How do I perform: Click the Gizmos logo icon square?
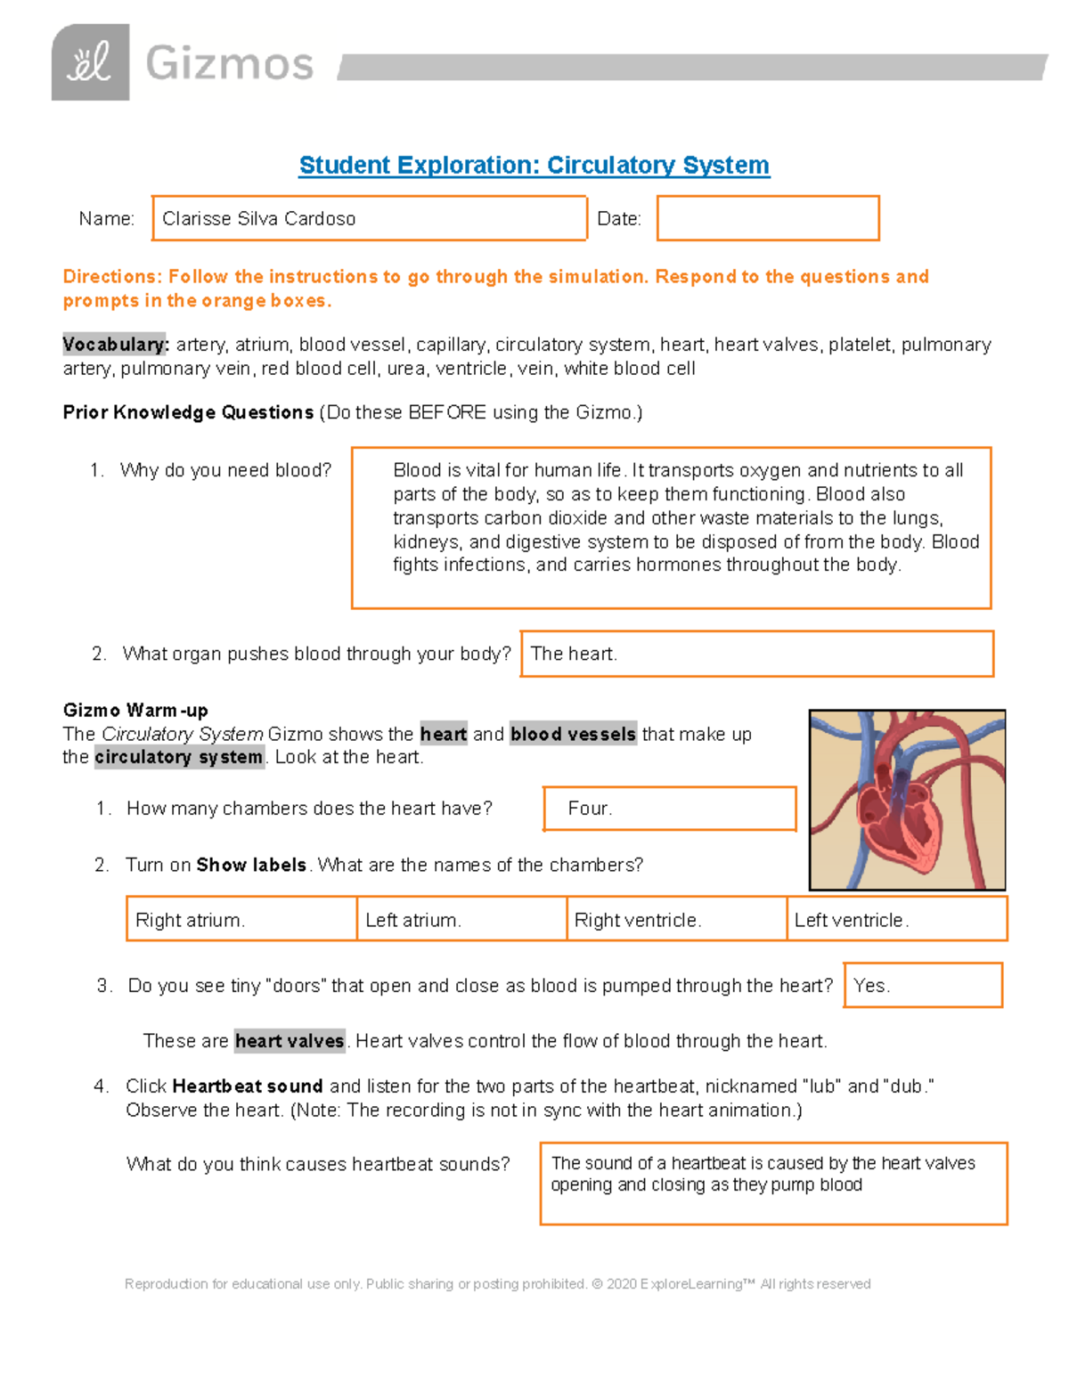point(90,62)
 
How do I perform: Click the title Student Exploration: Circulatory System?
point(534,166)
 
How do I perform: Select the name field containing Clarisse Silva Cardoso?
point(369,218)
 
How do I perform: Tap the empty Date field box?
point(768,218)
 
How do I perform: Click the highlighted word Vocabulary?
point(114,345)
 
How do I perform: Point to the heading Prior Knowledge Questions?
point(188,412)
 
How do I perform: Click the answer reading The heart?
point(756,654)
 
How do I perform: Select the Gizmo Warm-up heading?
point(135,710)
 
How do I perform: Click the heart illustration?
point(907,800)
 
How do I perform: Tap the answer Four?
point(669,809)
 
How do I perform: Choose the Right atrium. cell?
point(241,919)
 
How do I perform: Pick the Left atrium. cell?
point(461,919)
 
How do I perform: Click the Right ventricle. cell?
point(676,919)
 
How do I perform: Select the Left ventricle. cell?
point(897,919)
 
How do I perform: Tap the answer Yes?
point(922,985)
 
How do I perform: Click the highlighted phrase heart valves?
point(290,1041)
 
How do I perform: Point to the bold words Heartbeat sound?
point(247,1086)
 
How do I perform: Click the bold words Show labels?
point(251,865)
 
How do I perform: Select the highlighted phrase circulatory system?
point(179,757)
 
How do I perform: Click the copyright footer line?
point(497,1284)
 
